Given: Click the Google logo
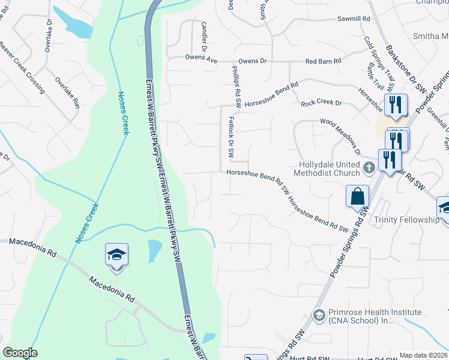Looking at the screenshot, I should coord(20,353).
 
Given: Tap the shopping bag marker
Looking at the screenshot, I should coord(357,196).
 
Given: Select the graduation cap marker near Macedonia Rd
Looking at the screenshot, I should coord(116,254).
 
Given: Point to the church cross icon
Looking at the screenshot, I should coord(370,168).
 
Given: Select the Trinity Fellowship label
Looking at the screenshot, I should coord(406,220).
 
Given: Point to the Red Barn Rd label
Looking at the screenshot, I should coord(323,61).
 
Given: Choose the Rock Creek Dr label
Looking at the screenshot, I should coord(321,103).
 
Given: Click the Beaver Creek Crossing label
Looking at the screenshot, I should coord(22,68).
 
